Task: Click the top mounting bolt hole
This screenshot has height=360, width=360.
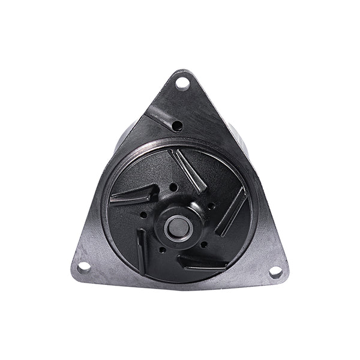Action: (182, 82)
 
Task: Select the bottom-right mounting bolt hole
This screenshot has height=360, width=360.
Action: (275, 271)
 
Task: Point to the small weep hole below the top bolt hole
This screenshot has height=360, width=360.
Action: (177, 125)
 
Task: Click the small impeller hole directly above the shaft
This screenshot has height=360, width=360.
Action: (173, 187)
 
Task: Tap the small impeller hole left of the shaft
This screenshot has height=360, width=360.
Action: (145, 214)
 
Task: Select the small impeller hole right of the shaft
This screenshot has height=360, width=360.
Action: (211, 206)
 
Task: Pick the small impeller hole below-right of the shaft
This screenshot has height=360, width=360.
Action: (204, 244)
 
